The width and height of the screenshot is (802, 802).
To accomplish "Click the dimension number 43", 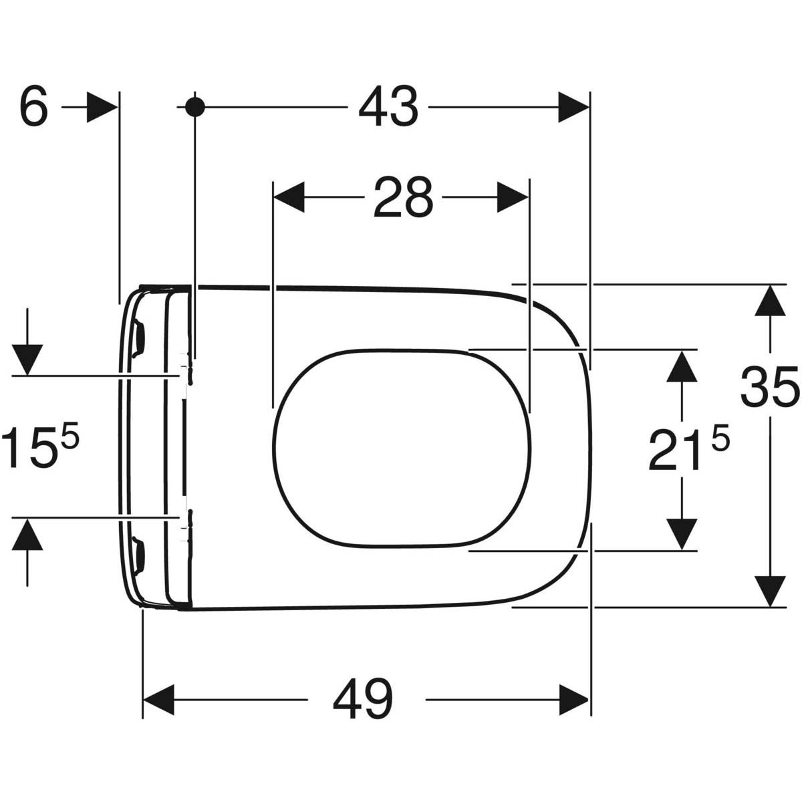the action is click(388, 106).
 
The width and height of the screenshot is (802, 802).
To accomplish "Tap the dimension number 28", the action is click(403, 197).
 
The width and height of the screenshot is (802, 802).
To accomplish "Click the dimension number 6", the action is click(34, 106).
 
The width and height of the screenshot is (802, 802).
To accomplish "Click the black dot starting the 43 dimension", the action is click(194, 107).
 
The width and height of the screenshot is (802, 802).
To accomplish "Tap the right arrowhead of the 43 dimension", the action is click(573, 107).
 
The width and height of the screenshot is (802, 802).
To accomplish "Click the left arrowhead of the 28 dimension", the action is click(289, 197).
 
